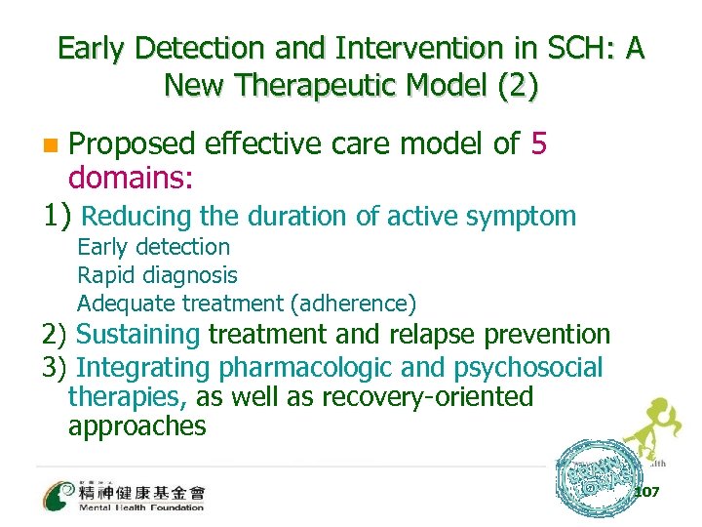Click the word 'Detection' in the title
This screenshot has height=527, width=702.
click(x=189, y=48)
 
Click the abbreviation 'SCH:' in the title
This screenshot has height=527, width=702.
click(x=565, y=48)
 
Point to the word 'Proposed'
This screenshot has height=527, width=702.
click(x=132, y=144)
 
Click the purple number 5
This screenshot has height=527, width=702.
click(x=539, y=144)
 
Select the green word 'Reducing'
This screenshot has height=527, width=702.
click(x=136, y=216)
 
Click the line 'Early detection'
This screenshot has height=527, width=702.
click(x=153, y=248)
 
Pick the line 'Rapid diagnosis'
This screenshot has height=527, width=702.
click(x=156, y=276)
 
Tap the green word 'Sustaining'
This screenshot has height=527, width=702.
click(x=137, y=335)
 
